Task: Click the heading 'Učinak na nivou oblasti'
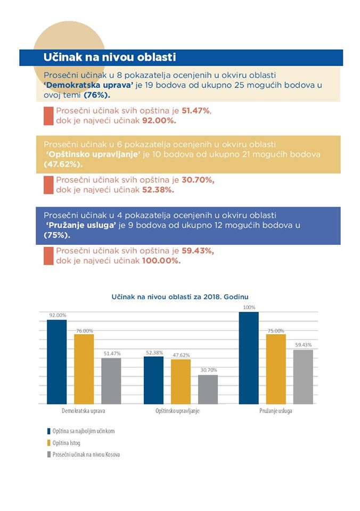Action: [x=110, y=57]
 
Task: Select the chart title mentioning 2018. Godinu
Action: [x=180, y=297]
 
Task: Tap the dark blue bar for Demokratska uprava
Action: [x=57, y=362]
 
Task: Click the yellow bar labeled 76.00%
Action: [x=84, y=369]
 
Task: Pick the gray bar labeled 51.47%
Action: [x=111, y=381]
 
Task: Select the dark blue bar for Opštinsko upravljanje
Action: [x=153, y=380]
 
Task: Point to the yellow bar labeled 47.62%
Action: [x=181, y=382]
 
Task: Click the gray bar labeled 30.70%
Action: [x=208, y=390]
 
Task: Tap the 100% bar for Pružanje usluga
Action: [x=249, y=358]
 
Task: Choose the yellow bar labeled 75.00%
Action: [x=276, y=369]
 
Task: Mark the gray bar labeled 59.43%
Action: [x=303, y=377]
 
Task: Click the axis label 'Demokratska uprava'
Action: [x=84, y=410]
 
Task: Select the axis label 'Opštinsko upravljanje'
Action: [x=177, y=410]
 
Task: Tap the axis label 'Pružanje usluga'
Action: [x=276, y=410]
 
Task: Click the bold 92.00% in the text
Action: [x=159, y=121]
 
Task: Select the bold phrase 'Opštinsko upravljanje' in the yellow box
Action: [x=93, y=154]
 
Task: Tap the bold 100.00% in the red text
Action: [x=161, y=261]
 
